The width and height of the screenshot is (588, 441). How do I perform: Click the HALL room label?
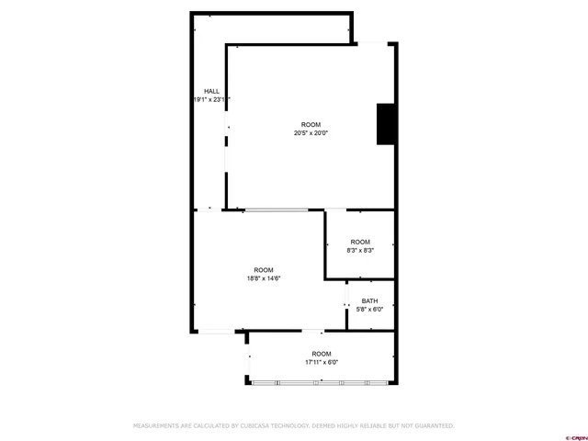[x=211, y=91]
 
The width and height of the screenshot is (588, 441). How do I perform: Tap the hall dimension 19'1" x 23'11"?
[x=211, y=99]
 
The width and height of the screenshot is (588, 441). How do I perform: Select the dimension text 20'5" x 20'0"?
[x=311, y=133]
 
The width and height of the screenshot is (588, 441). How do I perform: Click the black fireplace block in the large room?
[x=385, y=124]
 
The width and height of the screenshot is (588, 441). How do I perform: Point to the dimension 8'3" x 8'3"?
[x=359, y=250]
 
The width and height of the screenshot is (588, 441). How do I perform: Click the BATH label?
[x=369, y=300]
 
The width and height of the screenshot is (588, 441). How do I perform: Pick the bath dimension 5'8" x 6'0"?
[x=369, y=309]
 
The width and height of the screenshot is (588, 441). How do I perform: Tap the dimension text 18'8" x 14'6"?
[x=263, y=278]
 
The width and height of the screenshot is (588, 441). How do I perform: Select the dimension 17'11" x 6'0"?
[x=322, y=362]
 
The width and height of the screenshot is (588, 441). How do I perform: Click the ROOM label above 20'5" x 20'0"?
[x=311, y=125]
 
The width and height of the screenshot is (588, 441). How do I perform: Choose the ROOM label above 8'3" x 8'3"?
[x=359, y=242]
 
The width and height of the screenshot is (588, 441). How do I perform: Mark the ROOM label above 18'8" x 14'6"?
[x=263, y=270]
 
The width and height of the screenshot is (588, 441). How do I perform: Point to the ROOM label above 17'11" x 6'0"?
[x=322, y=354]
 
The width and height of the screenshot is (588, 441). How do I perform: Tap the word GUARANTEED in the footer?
[x=431, y=426]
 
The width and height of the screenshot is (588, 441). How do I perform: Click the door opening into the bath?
[x=346, y=306]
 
